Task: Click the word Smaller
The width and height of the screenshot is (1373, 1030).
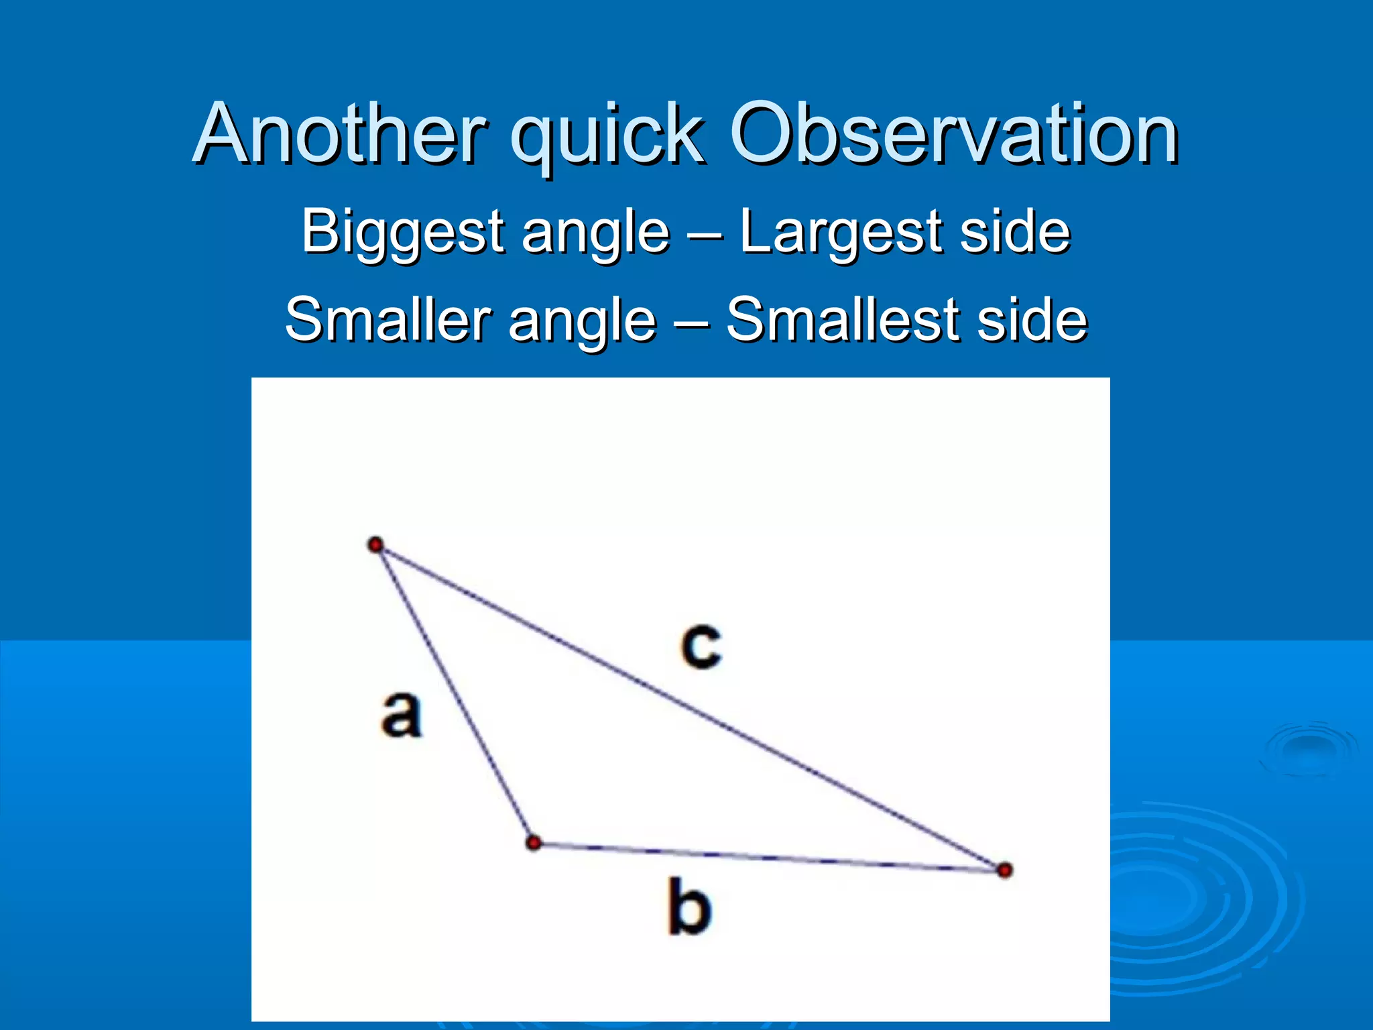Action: tap(390, 320)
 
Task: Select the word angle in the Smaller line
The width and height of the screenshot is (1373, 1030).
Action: tap(582, 323)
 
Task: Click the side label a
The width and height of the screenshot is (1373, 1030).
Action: tap(401, 715)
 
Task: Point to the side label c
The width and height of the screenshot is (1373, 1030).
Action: tap(701, 646)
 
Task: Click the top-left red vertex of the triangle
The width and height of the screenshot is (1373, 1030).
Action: tap(376, 545)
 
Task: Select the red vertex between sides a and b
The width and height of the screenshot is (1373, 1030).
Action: tap(534, 843)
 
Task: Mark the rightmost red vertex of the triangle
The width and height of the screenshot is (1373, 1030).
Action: tap(1004, 870)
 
